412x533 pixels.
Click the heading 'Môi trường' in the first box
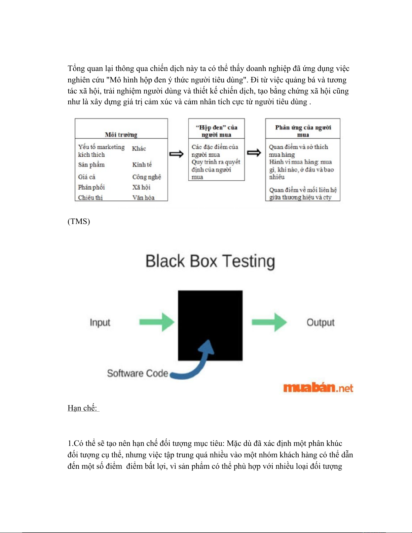(x=121, y=135)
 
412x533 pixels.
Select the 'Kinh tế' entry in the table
(x=142, y=164)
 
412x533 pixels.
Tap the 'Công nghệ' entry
(x=147, y=177)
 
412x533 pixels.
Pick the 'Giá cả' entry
(x=86, y=177)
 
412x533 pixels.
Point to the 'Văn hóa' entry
(x=144, y=197)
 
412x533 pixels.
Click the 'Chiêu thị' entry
(x=90, y=197)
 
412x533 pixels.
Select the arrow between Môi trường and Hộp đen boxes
(x=176, y=154)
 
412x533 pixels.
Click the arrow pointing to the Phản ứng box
(x=254, y=153)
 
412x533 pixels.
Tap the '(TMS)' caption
(x=79, y=221)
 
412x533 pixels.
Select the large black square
(x=210, y=325)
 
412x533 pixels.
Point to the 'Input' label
(x=100, y=322)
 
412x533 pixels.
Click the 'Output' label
(x=320, y=322)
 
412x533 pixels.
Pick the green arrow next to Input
(x=157, y=322)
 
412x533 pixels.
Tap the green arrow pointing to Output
(x=269, y=322)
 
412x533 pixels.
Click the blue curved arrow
(x=194, y=360)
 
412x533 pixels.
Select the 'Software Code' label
(x=138, y=373)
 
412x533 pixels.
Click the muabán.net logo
(x=318, y=388)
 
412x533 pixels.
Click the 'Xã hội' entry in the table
(x=141, y=187)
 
